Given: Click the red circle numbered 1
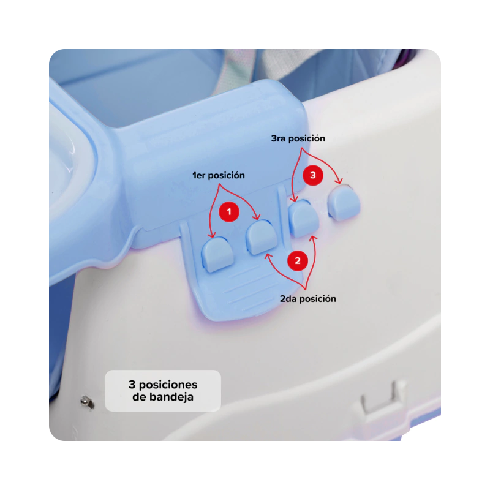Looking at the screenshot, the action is point(228,211).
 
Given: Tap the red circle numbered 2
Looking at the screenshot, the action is point(298,260).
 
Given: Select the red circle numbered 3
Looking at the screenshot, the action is point(313,175).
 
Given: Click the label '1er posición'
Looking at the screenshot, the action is point(219,175).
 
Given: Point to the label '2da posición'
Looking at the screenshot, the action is point(308,299).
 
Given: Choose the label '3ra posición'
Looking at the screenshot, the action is point(298,138).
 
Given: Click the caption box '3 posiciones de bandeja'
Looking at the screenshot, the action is point(163,391).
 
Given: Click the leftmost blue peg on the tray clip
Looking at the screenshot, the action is point(217,254).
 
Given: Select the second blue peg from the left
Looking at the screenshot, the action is point(262,237).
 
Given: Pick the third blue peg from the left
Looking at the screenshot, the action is point(304,218).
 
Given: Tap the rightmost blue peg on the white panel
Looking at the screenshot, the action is point(344,203).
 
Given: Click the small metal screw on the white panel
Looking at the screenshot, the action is point(87,402).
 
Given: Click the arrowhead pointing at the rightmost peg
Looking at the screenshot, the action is point(340,181).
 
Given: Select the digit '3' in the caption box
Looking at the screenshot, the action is point(132,385).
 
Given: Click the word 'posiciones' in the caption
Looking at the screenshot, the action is point(168,385).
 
